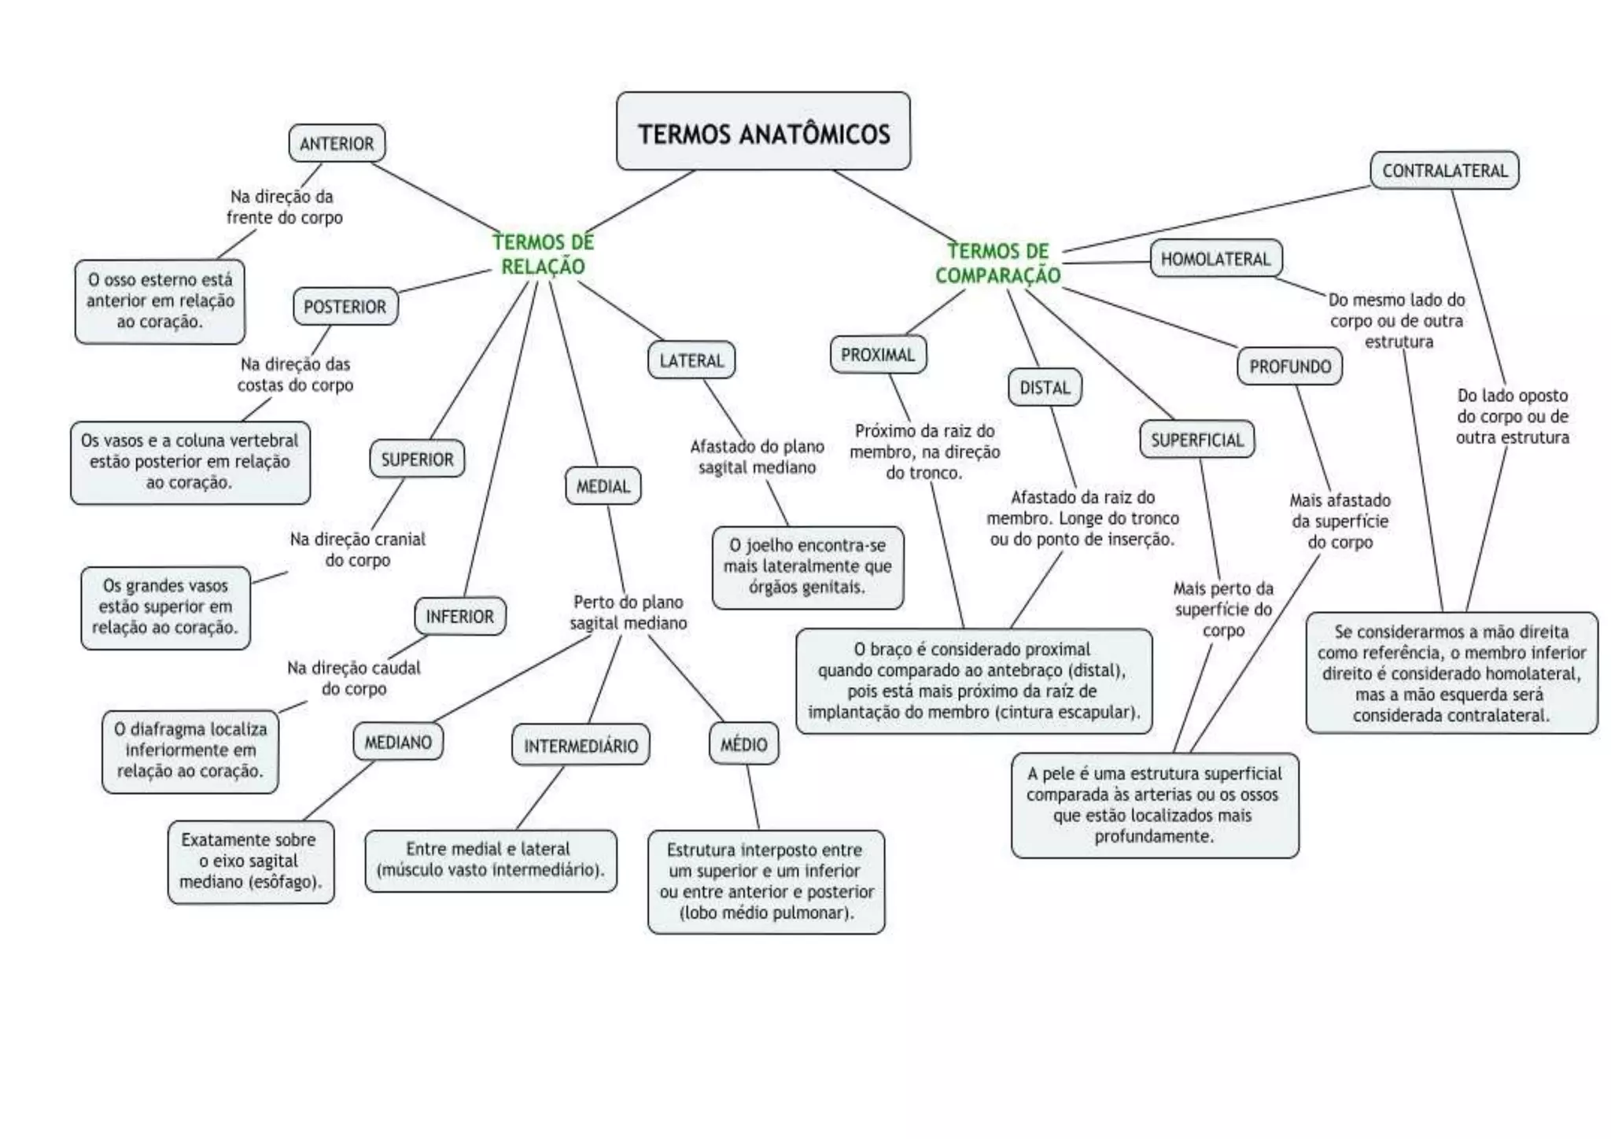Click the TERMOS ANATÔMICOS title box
tap(763, 131)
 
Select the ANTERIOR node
tap(337, 143)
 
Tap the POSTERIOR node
tap(345, 306)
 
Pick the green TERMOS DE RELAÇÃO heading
tap(543, 254)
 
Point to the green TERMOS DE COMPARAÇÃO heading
tap(997, 263)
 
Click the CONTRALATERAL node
tap(1444, 170)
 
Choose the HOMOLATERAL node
tap(1215, 259)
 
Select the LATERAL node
tap(691, 360)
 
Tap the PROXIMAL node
tap(878, 355)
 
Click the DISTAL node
tap(1045, 387)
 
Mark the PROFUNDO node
tap(1290, 366)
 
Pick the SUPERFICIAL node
tap(1196, 440)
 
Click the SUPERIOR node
tap(417, 459)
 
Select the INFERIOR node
tap(459, 616)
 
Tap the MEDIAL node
tap(603, 486)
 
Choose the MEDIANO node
tap(398, 742)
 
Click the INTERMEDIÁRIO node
tap(581, 745)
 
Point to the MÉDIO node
tap(743, 743)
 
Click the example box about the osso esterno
tap(160, 301)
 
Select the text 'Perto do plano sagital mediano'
tap(628, 612)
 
